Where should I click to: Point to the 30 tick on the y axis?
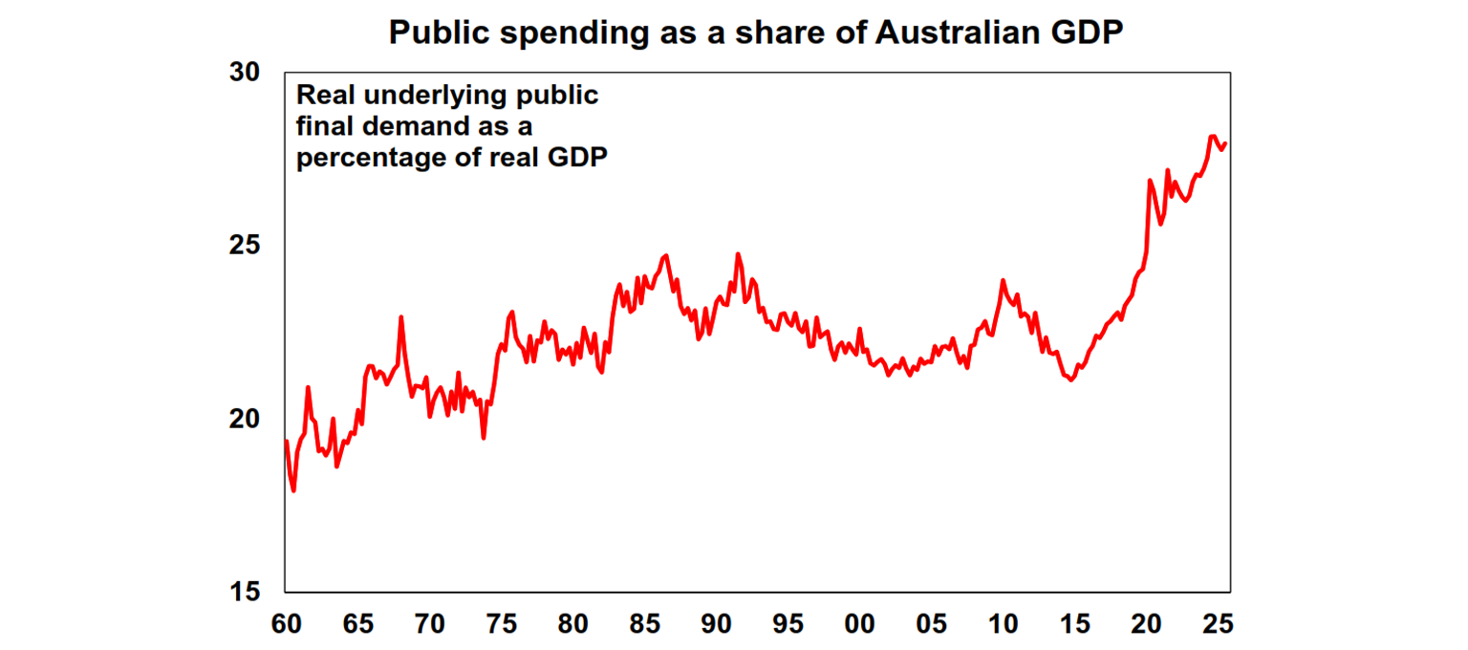247,73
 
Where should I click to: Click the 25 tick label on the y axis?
247,246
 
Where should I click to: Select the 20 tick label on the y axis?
247,419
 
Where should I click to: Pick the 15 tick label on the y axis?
247,592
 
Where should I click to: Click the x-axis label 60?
286,625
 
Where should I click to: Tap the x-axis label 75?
501,625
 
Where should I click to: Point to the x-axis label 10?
1004,625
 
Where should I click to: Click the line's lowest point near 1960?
293,490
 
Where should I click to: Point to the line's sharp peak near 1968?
400,316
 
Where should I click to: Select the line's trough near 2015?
1071,380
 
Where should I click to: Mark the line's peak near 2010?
1003,280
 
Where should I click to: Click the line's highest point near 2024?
1212,136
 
